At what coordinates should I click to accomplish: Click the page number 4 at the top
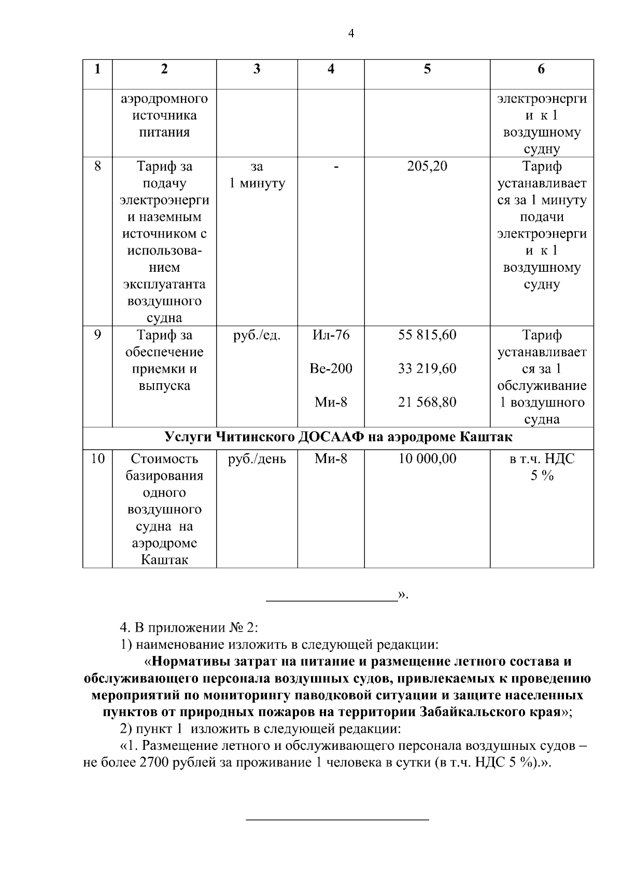click(351, 34)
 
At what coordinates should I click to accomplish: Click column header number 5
click(427, 69)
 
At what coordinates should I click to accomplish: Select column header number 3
click(257, 69)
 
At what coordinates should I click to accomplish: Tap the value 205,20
click(427, 166)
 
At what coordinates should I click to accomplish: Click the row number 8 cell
click(97, 166)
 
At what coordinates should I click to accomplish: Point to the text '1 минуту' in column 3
click(257, 184)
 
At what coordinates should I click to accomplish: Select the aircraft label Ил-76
click(331, 335)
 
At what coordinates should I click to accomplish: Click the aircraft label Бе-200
click(331, 369)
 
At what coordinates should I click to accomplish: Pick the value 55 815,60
click(427, 335)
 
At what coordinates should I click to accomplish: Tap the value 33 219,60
click(427, 369)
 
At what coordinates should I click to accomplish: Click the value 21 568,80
click(427, 402)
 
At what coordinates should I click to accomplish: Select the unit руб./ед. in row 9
click(257, 335)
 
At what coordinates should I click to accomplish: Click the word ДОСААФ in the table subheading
click(331, 437)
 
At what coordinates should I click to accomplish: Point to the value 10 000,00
click(427, 459)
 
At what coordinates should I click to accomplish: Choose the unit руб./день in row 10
click(257, 459)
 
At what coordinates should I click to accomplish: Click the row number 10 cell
click(97, 459)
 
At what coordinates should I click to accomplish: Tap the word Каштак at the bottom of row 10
click(164, 560)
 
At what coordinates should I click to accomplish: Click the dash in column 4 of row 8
click(337, 167)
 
